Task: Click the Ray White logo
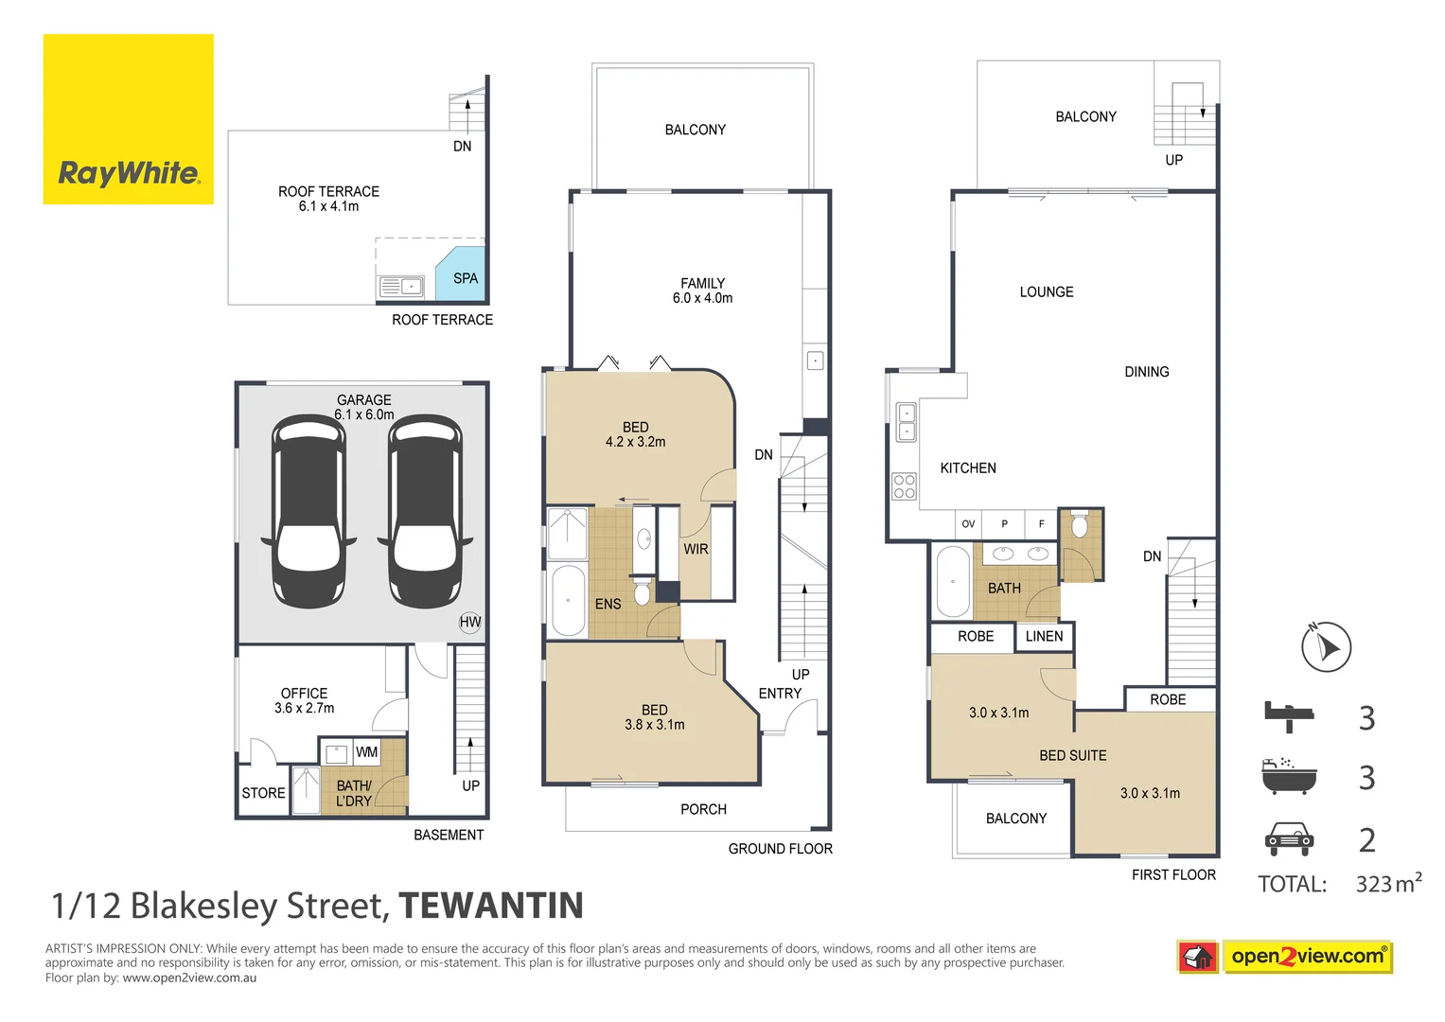pyautogui.click(x=129, y=119)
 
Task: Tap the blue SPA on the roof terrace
pyautogui.click(x=461, y=274)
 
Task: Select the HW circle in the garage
pyautogui.click(x=469, y=622)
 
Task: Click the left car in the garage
pyautogui.click(x=308, y=512)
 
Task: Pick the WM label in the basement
pyautogui.click(x=366, y=752)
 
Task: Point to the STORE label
pyautogui.click(x=263, y=793)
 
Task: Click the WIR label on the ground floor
pyautogui.click(x=696, y=549)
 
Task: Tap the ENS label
pyautogui.click(x=608, y=604)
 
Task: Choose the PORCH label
pyautogui.click(x=703, y=809)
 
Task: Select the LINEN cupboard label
pyautogui.click(x=1044, y=636)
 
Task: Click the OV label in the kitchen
pyautogui.click(x=968, y=524)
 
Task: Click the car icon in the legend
pyautogui.click(x=1289, y=838)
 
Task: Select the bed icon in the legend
pyautogui.click(x=1288, y=717)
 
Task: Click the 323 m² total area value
pyautogui.click(x=1388, y=883)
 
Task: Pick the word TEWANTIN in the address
pyautogui.click(x=491, y=906)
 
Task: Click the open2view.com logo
pyautogui.click(x=1284, y=957)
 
